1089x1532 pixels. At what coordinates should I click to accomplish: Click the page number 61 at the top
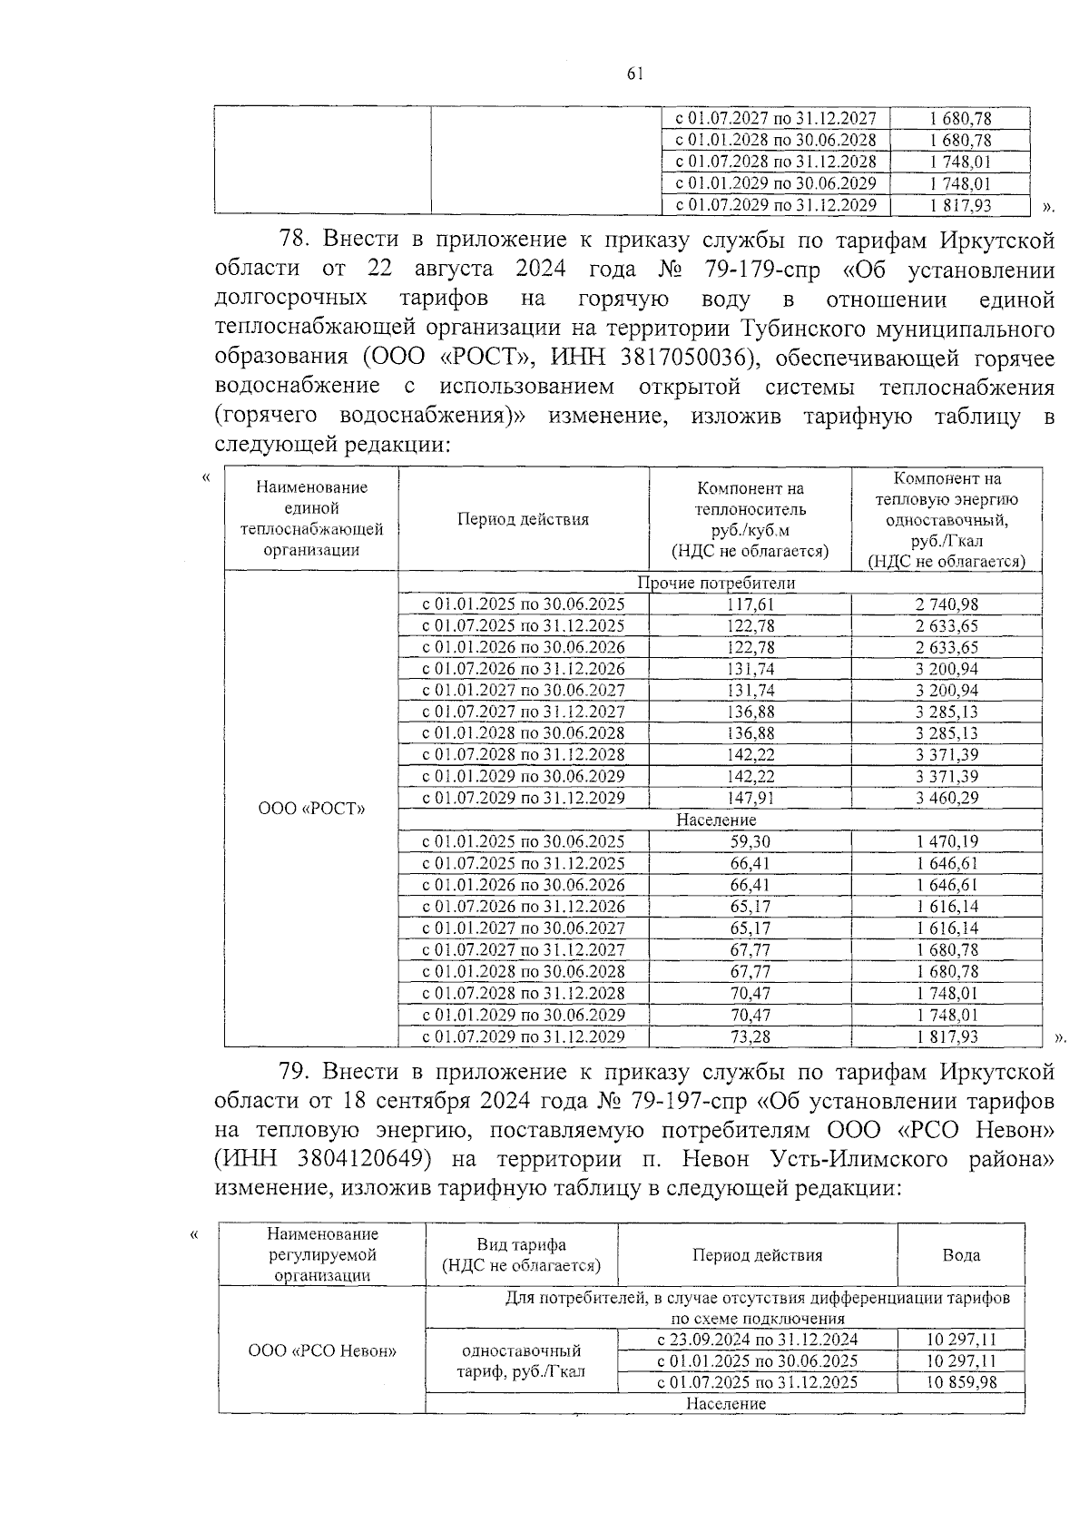[x=634, y=75]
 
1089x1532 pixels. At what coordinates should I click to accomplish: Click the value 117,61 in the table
[x=751, y=604]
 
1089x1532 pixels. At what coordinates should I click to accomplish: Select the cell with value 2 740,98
[x=947, y=604]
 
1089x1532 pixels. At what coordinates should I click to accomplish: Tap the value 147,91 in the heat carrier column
[x=751, y=799]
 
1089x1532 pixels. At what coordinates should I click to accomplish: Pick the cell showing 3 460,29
[x=947, y=799]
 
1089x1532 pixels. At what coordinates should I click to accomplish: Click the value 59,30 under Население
[x=751, y=842]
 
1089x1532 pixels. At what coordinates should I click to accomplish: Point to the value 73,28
[x=751, y=1036]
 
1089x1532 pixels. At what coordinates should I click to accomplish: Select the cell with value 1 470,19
[x=947, y=842]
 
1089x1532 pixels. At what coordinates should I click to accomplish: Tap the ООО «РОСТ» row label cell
[x=311, y=809]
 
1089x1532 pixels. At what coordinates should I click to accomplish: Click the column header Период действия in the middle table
[x=523, y=520]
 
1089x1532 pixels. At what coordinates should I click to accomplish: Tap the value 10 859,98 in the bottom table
[x=961, y=1382]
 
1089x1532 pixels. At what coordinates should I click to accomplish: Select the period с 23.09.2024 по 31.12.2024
[x=757, y=1340]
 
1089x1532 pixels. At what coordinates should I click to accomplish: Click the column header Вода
[x=961, y=1255]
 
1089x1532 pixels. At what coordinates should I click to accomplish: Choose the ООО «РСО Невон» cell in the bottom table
[x=322, y=1350]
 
